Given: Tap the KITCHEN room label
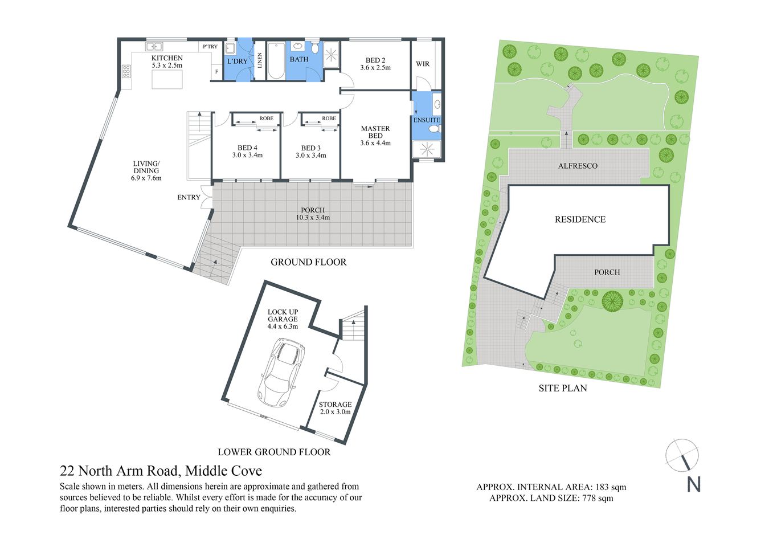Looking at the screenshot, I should pos(167,58).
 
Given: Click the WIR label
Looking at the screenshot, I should pos(423,64).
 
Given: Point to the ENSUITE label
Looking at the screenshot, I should pos(427,120).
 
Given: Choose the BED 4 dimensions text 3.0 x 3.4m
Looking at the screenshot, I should pos(247,155).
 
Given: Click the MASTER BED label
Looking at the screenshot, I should pos(375,132).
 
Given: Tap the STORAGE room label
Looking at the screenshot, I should pos(335,405).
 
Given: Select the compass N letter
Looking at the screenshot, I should pos(693,484).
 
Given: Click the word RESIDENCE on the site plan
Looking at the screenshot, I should pos(580,219).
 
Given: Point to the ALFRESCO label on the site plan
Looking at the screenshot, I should pos(578,166).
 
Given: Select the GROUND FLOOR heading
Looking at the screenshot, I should pos(308,262).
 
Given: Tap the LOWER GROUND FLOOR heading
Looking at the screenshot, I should pos(274,452).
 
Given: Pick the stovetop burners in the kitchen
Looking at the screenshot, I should pos(126,71).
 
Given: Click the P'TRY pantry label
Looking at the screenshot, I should pos(210,47).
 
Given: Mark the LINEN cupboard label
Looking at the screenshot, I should pos(260,60).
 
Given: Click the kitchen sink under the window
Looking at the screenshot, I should pos(154,47).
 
